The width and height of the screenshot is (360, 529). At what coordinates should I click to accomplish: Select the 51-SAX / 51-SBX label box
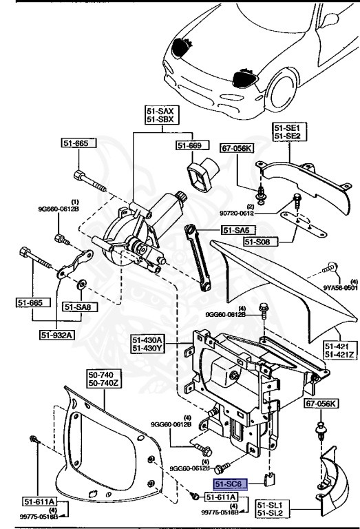point(162,114)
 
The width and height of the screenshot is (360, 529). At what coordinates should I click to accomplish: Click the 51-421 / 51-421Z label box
point(339,350)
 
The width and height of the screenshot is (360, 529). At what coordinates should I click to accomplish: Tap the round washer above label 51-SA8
point(82,282)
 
